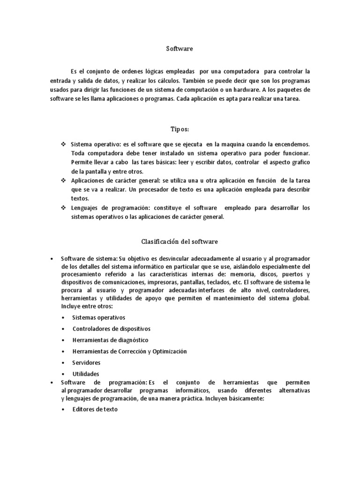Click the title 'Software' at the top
[180, 48]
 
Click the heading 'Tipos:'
[180, 128]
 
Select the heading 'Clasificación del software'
[180, 241]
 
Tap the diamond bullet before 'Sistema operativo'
[63, 145]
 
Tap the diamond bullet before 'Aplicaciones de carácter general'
[63, 180]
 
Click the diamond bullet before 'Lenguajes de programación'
[63, 207]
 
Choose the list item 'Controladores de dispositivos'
[112, 329]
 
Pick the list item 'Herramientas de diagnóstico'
[110, 340]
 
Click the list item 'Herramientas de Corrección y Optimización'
[129, 351]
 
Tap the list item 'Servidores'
[86, 363]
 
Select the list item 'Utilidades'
[86, 374]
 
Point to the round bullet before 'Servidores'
[63, 363]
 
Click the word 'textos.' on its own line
[80, 198]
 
